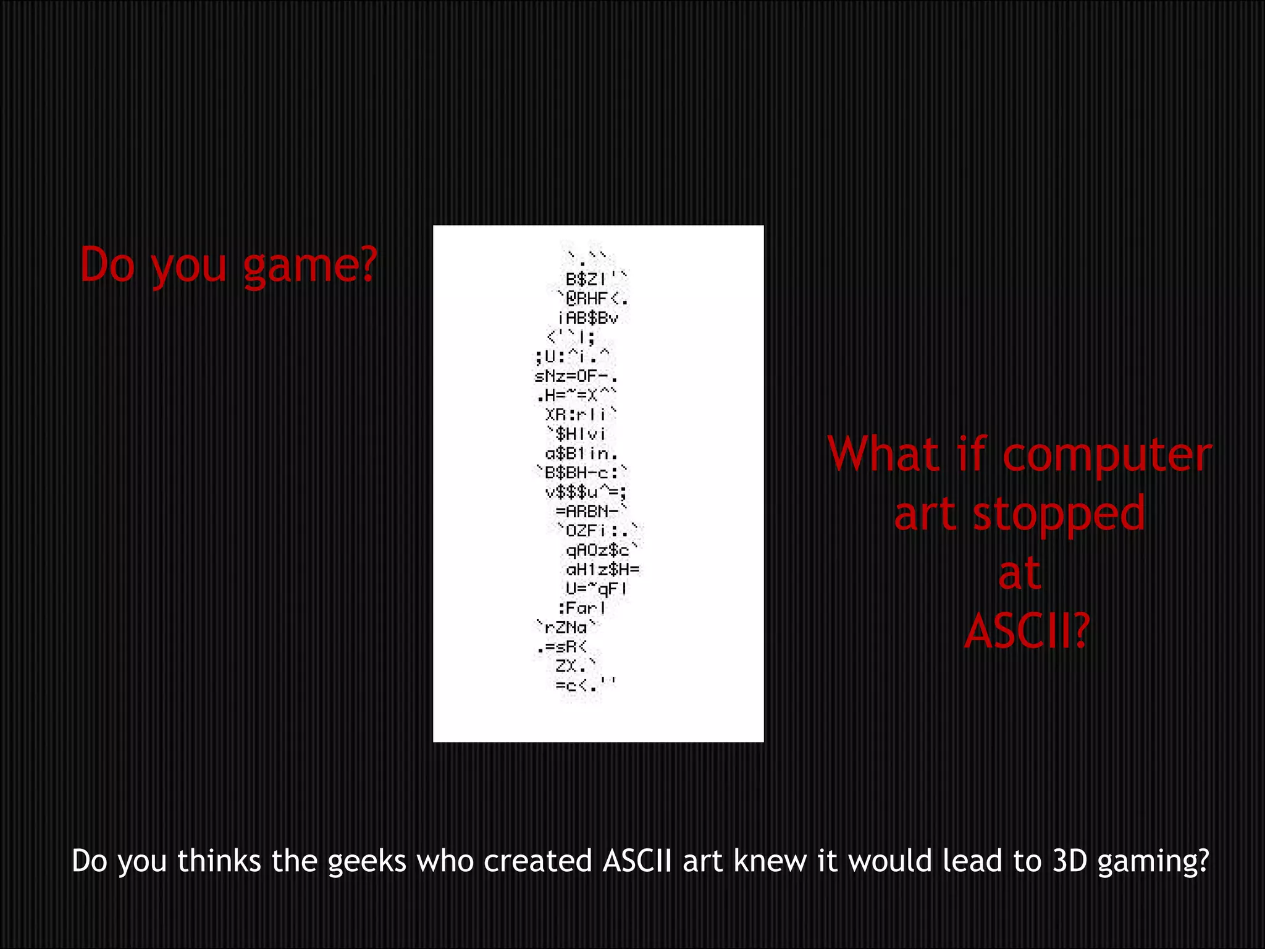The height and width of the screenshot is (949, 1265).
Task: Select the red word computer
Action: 1106,456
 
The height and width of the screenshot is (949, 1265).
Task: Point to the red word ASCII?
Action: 1026,631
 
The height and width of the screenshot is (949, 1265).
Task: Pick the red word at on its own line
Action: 1019,573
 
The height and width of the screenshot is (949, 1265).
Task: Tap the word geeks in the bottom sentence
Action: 366,861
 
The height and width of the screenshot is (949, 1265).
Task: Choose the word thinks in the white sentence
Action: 219,861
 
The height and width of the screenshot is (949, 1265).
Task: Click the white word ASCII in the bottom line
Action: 637,861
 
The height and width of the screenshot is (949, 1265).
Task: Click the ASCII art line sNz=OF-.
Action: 576,376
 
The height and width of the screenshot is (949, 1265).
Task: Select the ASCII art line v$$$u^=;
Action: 586,492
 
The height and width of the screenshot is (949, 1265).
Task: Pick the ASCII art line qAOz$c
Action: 600,550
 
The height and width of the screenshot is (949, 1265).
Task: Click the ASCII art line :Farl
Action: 582,608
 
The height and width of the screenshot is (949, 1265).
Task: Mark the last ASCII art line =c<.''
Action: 584,685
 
